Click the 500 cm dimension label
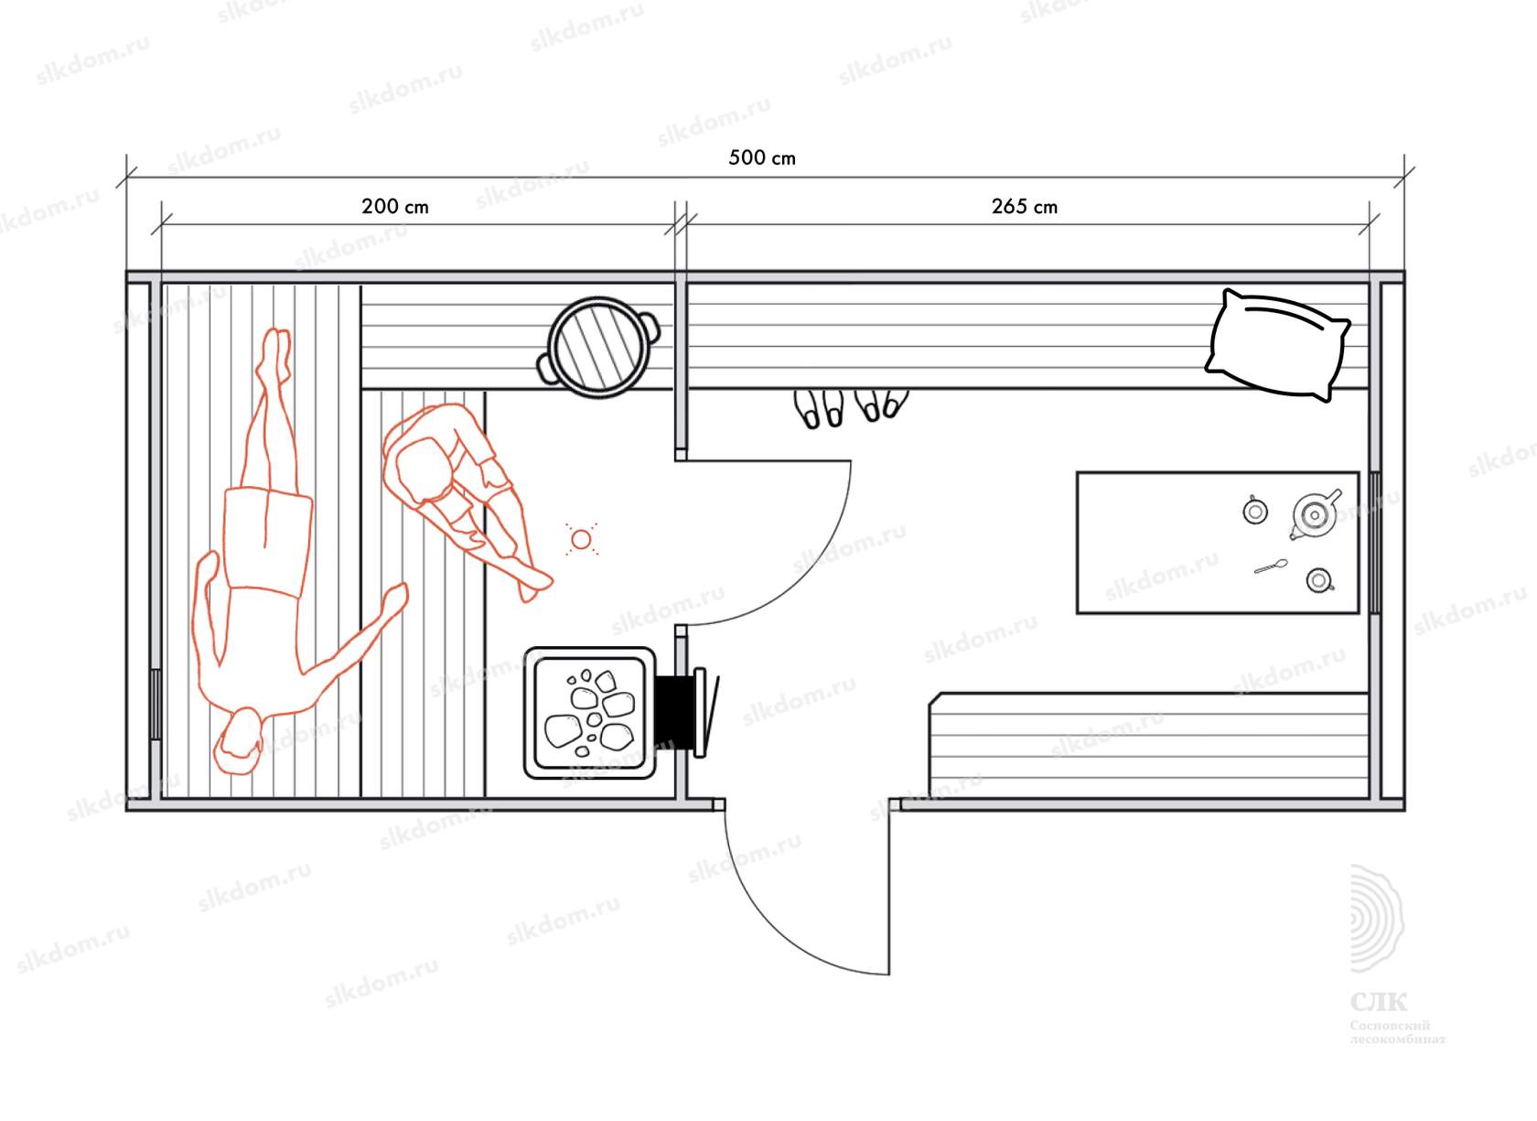(x=761, y=157)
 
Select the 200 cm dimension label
(x=394, y=206)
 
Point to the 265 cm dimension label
(x=1024, y=207)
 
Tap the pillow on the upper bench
(x=1278, y=345)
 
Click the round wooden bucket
(x=598, y=347)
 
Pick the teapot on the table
(x=1315, y=516)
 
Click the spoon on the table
(x=1271, y=567)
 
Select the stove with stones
(x=590, y=713)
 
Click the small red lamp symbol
(x=581, y=540)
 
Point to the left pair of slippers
(x=821, y=409)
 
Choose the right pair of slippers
(x=881, y=404)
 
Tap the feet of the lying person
(x=274, y=352)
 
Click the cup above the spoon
(x=1255, y=511)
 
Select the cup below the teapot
(x=1318, y=580)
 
